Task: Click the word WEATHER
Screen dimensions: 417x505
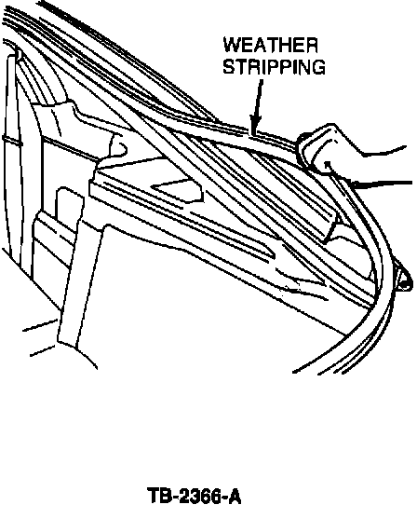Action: coord(271,45)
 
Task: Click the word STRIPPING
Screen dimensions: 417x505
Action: coord(275,67)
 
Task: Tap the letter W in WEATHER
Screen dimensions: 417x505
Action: coord(233,45)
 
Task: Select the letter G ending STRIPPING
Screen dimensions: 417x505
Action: coord(318,67)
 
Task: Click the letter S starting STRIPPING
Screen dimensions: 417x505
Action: coord(229,67)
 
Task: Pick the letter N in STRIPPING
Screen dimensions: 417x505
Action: coord(303,67)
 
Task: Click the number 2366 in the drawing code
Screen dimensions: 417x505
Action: coord(198,496)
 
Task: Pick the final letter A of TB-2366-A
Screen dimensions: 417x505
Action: coord(235,496)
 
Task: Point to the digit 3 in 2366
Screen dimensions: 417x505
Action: coord(194,496)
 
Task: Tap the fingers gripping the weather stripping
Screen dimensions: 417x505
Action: coord(318,150)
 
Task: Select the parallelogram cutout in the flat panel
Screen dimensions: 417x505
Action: coord(178,190)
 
